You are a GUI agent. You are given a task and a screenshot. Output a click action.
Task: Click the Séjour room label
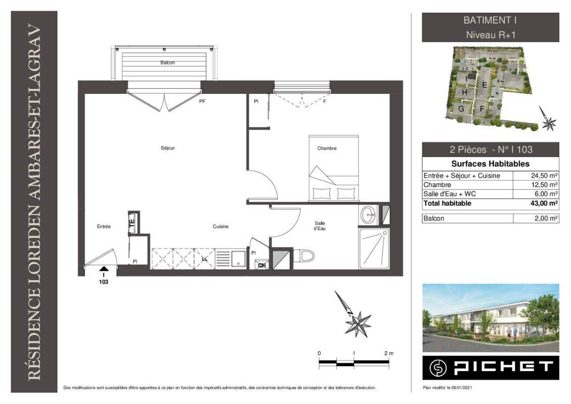pos(168,148)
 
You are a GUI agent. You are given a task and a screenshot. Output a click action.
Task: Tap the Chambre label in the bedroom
pos(327,148)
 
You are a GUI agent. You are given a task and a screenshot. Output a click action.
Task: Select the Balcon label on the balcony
pos(168,63)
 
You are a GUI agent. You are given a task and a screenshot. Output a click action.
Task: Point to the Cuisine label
pos(221,227)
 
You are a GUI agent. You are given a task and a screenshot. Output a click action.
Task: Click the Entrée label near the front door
pos(104,227)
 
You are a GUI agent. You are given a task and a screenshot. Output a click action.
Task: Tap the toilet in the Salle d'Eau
pos(303,256)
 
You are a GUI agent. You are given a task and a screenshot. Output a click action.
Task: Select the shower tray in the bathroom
pos(374,248)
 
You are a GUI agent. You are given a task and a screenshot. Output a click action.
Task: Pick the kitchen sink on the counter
pos(238,259)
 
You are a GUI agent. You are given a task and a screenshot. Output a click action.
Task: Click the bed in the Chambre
pos(334,168)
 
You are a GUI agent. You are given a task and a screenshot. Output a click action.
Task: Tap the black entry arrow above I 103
pos(103,269)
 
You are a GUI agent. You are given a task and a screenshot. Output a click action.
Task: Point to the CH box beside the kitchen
pos(262,265)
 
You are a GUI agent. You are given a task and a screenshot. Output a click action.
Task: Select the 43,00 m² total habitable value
pos(544,204)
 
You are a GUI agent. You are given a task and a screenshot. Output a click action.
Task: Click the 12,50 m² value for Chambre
pos(544,185)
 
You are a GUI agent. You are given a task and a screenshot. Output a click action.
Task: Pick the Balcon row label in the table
pos(434,218)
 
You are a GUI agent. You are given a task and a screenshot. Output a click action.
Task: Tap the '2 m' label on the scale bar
pos(389,353)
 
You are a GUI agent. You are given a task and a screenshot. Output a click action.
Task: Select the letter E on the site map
pos(484,85)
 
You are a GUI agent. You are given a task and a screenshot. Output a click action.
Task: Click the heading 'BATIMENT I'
pos(490,20)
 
